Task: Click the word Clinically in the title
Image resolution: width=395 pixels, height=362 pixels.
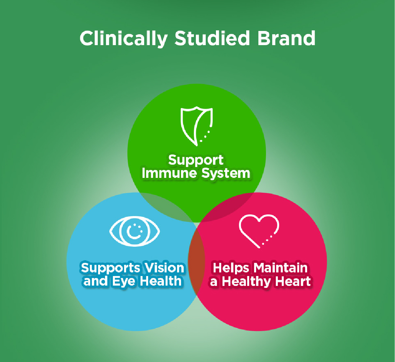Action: (124, 39)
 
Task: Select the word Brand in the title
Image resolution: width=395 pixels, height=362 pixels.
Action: (286, 38)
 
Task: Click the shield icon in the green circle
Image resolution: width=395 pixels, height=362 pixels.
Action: (197, 126)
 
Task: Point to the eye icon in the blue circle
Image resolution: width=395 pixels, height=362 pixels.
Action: (135, 231)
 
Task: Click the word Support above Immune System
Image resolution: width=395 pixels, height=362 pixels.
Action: (196, 160)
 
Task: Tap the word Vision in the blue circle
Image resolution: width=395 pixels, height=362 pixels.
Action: (165, 268)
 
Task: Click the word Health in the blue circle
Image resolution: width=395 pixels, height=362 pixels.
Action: (161, 281)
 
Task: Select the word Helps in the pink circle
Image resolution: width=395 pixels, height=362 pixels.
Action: (231, 268)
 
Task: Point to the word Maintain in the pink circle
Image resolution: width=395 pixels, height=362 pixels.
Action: (280, 268)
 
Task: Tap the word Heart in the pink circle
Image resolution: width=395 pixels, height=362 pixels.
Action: (293, 281)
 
